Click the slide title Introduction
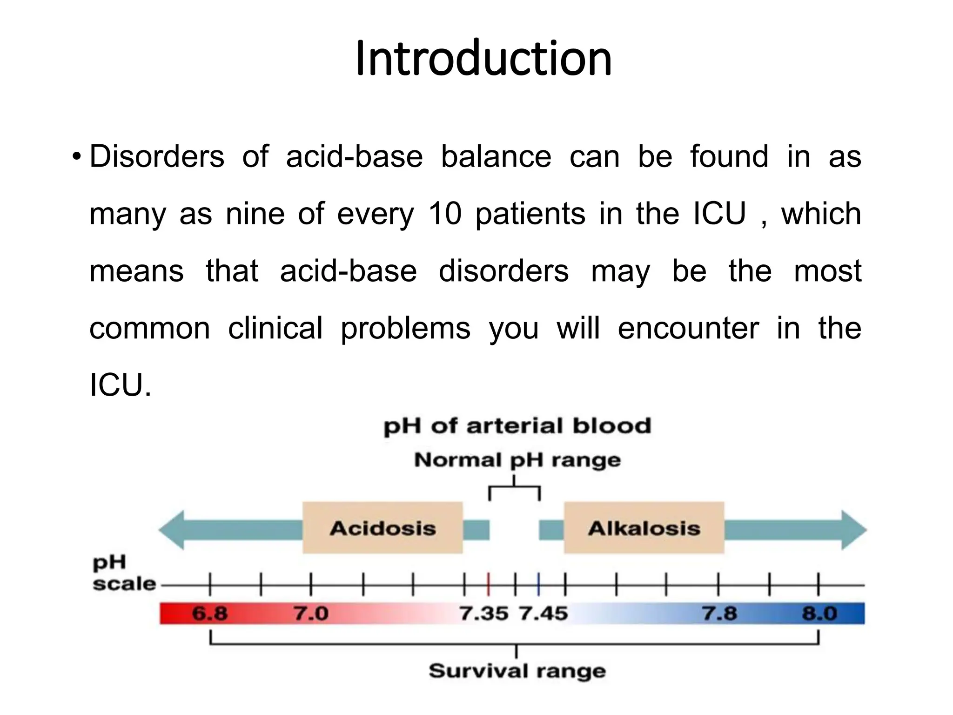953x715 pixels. click(x=483, y=59)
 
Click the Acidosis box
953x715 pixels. click(x=383, y=528)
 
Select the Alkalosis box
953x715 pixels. click(x=644, y=528)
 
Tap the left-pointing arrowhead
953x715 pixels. click(x=173, y=530)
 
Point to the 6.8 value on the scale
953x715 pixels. click(x=210, y=614)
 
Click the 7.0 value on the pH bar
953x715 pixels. click(x=310, y=614)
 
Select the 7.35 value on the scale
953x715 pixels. click(x=484, y=614)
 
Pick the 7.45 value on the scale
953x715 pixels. click(x=544, y=614)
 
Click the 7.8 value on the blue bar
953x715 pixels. click(x=719, y=614)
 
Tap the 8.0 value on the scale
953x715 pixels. click(x=819, y=614)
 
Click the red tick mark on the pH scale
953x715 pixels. click(x=488, y=584)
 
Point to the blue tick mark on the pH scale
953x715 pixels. click(x=538, y=584)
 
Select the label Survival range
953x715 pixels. click(x=517, y=671)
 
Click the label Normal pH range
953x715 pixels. click(x=517, y=460)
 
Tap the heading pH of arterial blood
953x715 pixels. click(x=517, y=426)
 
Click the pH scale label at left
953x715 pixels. click(x=123, y=573)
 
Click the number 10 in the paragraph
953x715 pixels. click(x=445, y=214)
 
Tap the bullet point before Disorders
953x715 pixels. click(x=77, y=157)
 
